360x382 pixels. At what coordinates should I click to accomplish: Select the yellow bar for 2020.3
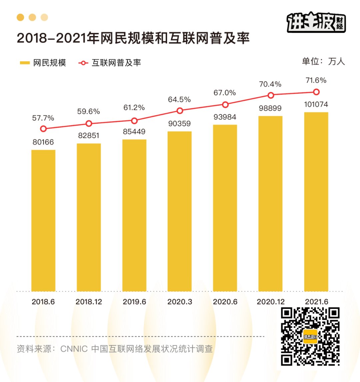pos(180,211)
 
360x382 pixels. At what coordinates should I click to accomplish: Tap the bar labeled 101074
pos(316,201)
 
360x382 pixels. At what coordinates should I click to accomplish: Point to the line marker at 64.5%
pos(180,111)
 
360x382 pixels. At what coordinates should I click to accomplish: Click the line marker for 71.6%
pos(316,92)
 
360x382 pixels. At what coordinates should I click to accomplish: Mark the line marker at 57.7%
pos(43,129)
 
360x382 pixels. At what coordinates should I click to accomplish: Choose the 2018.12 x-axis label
pos(89,302)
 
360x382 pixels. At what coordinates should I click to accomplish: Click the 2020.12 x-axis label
pos(271,302)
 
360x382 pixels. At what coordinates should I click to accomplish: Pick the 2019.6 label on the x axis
pos(134,302)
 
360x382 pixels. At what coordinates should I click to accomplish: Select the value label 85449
pos(134,132)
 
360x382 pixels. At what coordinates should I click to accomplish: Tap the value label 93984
pos(225,117)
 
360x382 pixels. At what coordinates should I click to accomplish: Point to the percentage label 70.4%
pos(270,84)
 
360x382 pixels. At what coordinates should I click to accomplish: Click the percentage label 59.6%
pos(89,112)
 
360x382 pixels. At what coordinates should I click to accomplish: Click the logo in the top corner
pos(316,22)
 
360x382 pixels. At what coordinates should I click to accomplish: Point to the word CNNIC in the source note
pos(74,349)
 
